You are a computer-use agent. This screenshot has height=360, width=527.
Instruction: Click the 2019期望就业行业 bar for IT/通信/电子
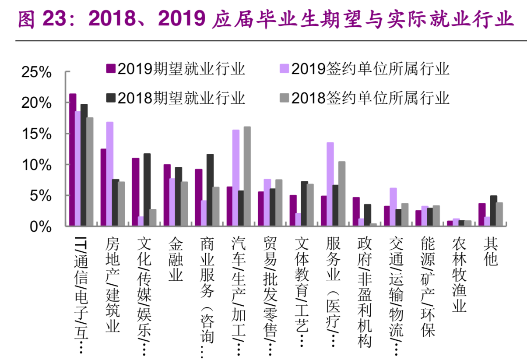coord(73,160)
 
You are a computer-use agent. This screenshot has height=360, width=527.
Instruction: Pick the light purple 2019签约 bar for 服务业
coord(330,184)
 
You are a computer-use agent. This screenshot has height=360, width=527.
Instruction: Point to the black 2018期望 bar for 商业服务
coord(210,190)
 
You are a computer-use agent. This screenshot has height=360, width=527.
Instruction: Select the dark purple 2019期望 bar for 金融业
coord(167,195)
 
